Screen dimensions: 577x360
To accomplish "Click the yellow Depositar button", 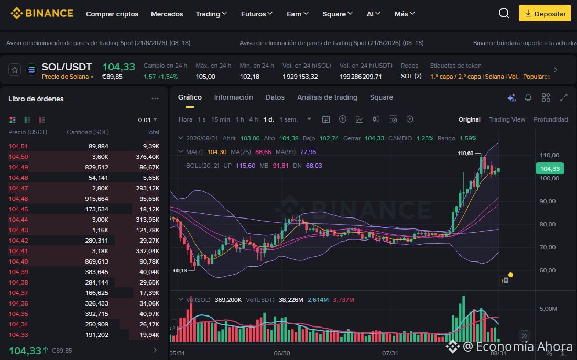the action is pyautogui.click(x=545, y=14).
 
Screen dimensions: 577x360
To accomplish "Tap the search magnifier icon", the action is pyautogui.click(x=504, y=14).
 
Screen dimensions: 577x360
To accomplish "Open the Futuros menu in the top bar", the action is pyautogui.click(x=256, y=14).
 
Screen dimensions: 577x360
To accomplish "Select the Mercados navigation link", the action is pyautogui.click(x=167, y=14).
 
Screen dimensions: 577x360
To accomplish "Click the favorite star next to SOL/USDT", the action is pyautogui.click(x=15, y=70).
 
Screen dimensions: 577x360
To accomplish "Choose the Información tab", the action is pyautogui.click(x=233, y=97).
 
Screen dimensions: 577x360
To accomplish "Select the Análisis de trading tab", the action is pyautogui.click(x=327, y=97).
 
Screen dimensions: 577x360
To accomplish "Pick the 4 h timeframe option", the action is pyautogui.click(x=254, y=119).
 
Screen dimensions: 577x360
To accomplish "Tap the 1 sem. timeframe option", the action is pyautogui.click(x=288, y=119).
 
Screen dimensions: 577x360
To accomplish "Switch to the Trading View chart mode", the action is pyautogui.click(x=507, y=119).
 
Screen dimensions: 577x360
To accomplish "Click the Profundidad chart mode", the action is pyautogui.click(x=550, y=119).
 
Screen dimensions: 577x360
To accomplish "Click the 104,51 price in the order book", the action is pyautogui.click(x=18, y=146).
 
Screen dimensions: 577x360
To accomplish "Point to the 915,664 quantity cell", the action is pyautogui.click(x=96, y=199).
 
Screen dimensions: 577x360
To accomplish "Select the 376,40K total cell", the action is pyautogui.click(x=147, y=157).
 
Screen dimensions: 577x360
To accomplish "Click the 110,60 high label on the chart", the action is pyautogui.click(x=465, y=153).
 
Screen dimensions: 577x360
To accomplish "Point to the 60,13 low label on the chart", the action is pyautogui.click(x=180, y=270).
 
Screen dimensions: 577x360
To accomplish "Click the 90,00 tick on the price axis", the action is pyautogui.click(x=549, y=201).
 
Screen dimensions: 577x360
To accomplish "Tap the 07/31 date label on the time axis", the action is pyautogui.click(x=390, y=353).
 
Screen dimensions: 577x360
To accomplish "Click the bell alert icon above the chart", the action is pyautogui.click(x=528, y=97).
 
